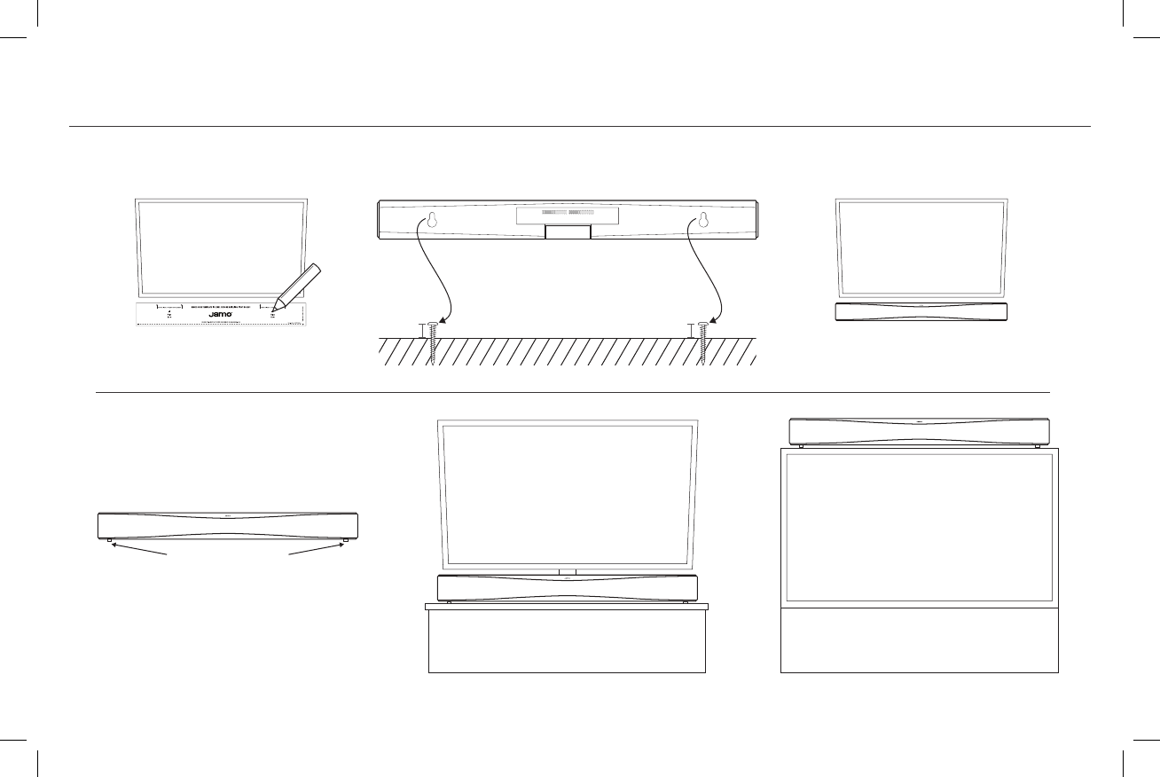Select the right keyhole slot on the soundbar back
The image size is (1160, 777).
(x=703, y=220)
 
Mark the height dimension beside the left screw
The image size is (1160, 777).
(x=421, y=331)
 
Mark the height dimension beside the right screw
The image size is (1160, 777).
(x=692, y=331)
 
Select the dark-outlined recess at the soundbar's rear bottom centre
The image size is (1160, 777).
(x=568, y=232)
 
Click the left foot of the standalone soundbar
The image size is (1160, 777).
(x=110, y=540)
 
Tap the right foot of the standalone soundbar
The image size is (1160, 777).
(x=344, y=540)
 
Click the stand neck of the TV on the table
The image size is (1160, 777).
(x=568, y=571)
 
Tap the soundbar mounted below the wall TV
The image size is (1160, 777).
(x=921, y=311)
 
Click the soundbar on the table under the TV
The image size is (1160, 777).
(x=568, y=587)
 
